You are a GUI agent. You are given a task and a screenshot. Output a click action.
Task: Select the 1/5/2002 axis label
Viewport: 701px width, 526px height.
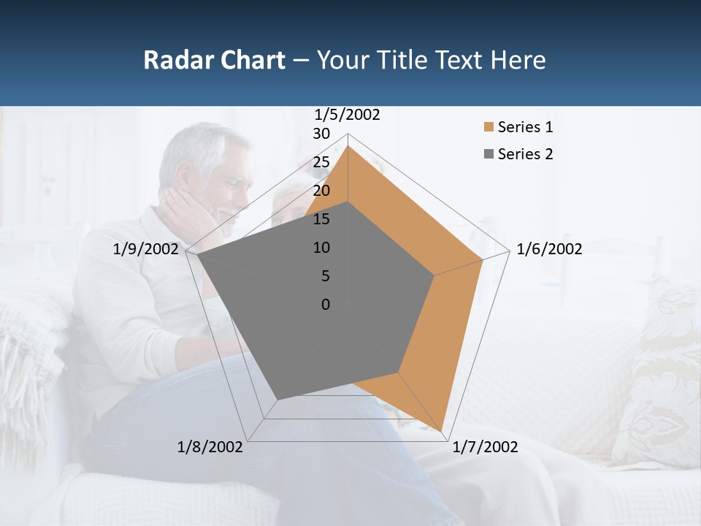[x=348, y=115]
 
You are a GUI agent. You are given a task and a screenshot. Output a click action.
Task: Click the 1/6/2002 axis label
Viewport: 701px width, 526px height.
[x=549, y=249]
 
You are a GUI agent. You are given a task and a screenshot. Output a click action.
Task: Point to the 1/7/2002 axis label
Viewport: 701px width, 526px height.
[x=485, y=447]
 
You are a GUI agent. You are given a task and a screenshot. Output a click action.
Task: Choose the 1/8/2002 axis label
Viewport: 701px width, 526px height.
[x=210, y=447]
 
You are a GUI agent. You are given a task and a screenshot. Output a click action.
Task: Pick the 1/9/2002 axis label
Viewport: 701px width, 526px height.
[x=146, y=249]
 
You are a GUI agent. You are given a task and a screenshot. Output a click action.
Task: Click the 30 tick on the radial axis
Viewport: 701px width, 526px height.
[x=321, y=134]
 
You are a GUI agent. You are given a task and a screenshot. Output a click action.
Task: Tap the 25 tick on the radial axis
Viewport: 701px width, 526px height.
[x=321, y=162]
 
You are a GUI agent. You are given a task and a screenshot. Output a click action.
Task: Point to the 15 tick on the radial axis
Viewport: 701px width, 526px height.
[x=321, y=219]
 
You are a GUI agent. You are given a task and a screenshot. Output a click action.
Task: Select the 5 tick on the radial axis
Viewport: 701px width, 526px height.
[x=325, y=276]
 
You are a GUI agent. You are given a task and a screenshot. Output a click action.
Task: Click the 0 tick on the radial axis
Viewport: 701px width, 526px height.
[x=326, y=305]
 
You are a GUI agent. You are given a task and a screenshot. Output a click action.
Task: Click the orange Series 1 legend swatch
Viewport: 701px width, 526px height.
[x=489, y=127]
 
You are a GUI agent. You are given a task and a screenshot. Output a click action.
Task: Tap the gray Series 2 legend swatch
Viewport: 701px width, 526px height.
[x=489, y=154]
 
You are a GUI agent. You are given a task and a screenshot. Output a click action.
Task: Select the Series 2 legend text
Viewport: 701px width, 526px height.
[x=525, y=154]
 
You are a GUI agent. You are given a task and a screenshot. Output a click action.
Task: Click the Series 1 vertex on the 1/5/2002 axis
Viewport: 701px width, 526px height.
[x=348, y=145]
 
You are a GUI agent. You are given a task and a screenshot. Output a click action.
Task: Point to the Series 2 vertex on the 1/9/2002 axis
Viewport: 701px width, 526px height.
[x=197, y=255]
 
